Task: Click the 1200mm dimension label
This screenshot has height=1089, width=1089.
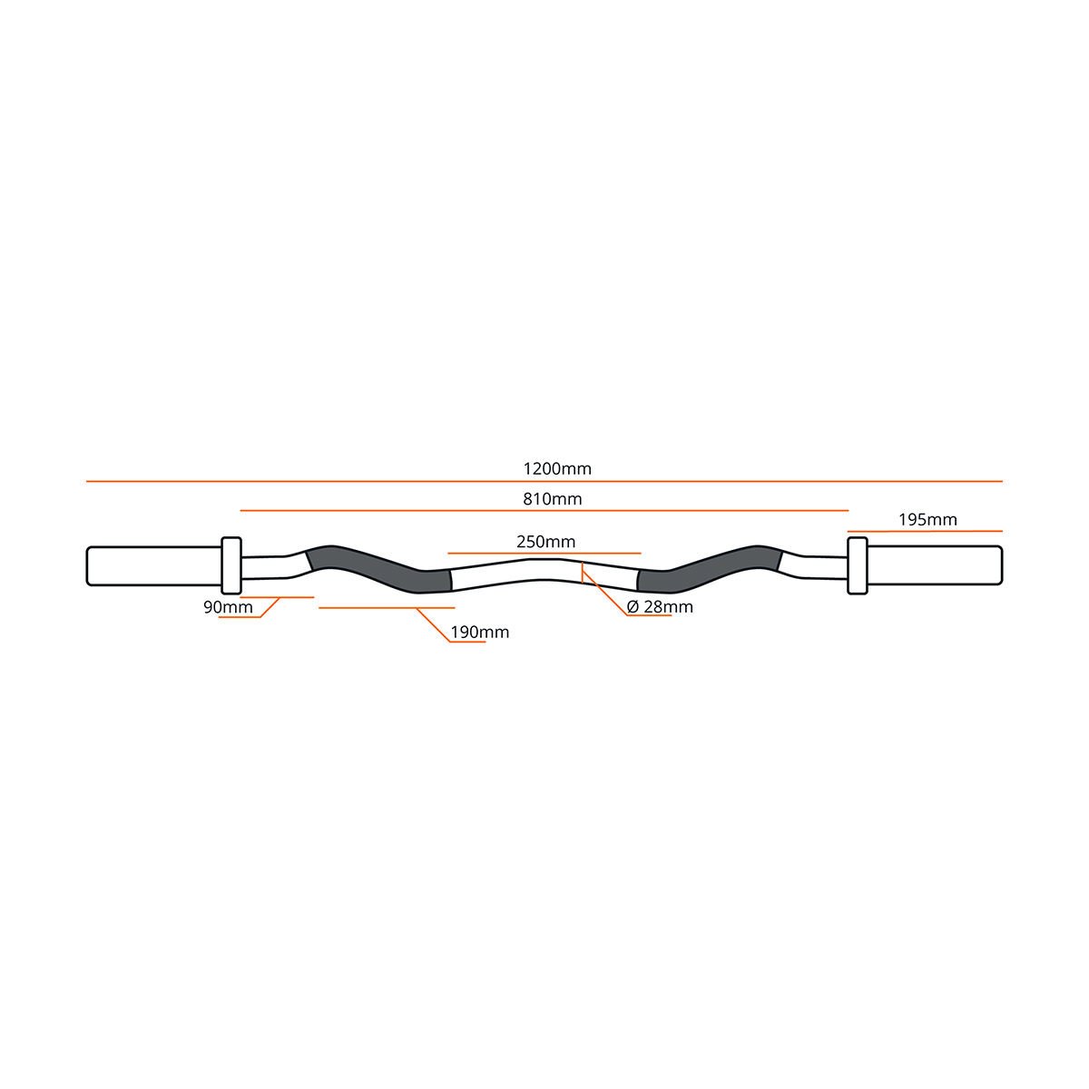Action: coord(557,468)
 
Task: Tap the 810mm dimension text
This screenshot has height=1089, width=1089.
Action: coord(552,499)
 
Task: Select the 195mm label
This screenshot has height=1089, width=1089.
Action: coord(927,520)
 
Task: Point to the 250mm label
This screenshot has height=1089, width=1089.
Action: coord(546,542)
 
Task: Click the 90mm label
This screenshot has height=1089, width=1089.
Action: coord(228,607)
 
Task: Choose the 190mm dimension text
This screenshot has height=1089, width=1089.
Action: coord(480,632)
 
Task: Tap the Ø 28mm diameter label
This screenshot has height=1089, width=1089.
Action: coord(660,607)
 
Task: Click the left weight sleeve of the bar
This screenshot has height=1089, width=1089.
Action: coord(153,565)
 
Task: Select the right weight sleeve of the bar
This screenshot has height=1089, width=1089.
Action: coord(935,565)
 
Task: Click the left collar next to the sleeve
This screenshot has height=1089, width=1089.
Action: coord(231,565)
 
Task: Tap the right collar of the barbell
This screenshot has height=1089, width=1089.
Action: coord(858,565)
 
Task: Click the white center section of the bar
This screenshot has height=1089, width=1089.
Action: coord(544,571)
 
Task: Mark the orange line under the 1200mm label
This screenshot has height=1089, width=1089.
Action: coord(544,482)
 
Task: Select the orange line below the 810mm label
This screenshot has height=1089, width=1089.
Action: coord(544,510)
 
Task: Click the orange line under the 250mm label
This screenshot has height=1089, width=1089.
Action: coord(544,554)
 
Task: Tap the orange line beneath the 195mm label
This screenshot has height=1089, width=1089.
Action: coord(925,531)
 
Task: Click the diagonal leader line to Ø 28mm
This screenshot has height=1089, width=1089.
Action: coord(604,593)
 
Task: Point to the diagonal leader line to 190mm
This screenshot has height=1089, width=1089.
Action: coord(434,625)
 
